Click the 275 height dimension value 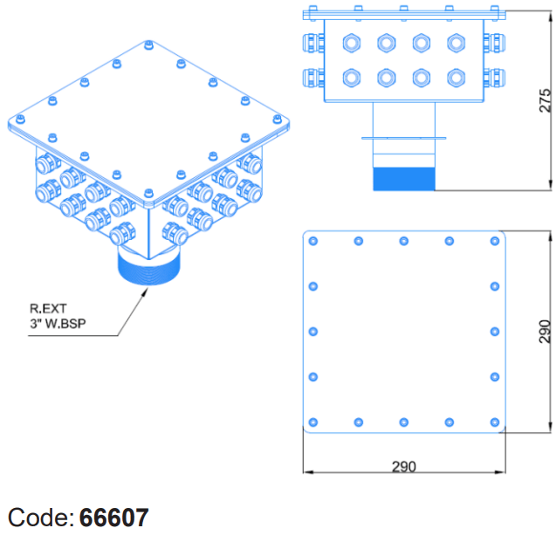pos(545,100)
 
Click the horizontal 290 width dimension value pos(404,467)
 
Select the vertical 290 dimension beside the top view pos(545,332)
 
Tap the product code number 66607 pos(113,518)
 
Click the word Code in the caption pos(41,518)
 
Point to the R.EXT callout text pos(48,308)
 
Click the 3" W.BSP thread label pos(58,324)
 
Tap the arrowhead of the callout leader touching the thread pos(145,292)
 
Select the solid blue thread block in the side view pos(404,179)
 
